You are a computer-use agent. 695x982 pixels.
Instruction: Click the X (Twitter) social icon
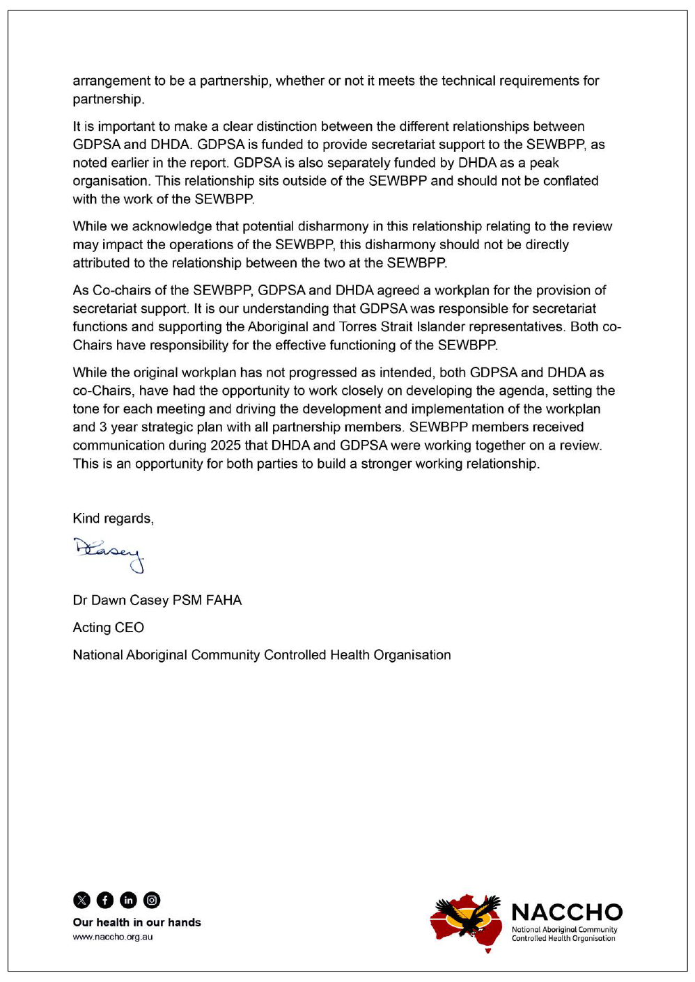(81, 900)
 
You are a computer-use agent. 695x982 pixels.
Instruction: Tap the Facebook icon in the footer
(105, 900)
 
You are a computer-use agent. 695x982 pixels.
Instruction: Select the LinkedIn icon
(128, 900)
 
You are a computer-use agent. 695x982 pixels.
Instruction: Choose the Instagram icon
(152, 900)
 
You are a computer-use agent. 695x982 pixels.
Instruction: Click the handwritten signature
(109, 553)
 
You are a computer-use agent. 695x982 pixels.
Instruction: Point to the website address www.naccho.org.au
(113, 937)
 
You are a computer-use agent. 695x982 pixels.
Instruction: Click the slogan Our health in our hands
(136, 922)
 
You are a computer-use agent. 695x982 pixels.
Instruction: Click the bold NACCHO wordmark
(567, 912)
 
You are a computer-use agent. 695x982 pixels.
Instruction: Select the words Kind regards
(113, 518)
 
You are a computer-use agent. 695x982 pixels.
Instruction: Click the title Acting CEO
(108, 628)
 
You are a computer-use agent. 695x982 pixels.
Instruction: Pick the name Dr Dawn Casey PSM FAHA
(157, 600)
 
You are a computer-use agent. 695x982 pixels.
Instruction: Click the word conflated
(568, 181)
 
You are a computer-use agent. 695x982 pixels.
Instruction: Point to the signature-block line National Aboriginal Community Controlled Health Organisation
(261, 655)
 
